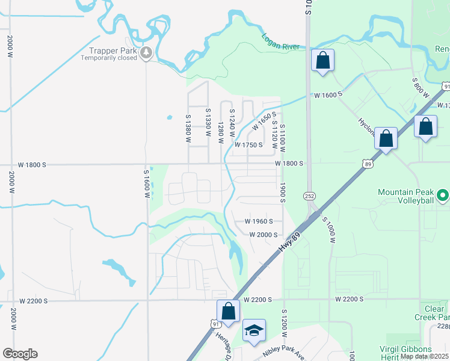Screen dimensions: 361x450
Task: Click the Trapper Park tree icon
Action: coord(146,54)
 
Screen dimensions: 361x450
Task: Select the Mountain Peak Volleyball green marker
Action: coord(443,195)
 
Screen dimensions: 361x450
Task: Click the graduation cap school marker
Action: coord(254,330)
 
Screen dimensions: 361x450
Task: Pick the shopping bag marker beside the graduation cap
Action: coord(228,311)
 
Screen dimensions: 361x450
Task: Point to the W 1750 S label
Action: coord(249,145)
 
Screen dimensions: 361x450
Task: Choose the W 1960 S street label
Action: coord(259,221)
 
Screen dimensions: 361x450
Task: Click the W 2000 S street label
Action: coord(263,235)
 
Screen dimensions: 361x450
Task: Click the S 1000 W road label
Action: coord(328,229)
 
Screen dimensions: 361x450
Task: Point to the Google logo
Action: coord(20,354)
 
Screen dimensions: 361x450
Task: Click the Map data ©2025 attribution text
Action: coord(424,356)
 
